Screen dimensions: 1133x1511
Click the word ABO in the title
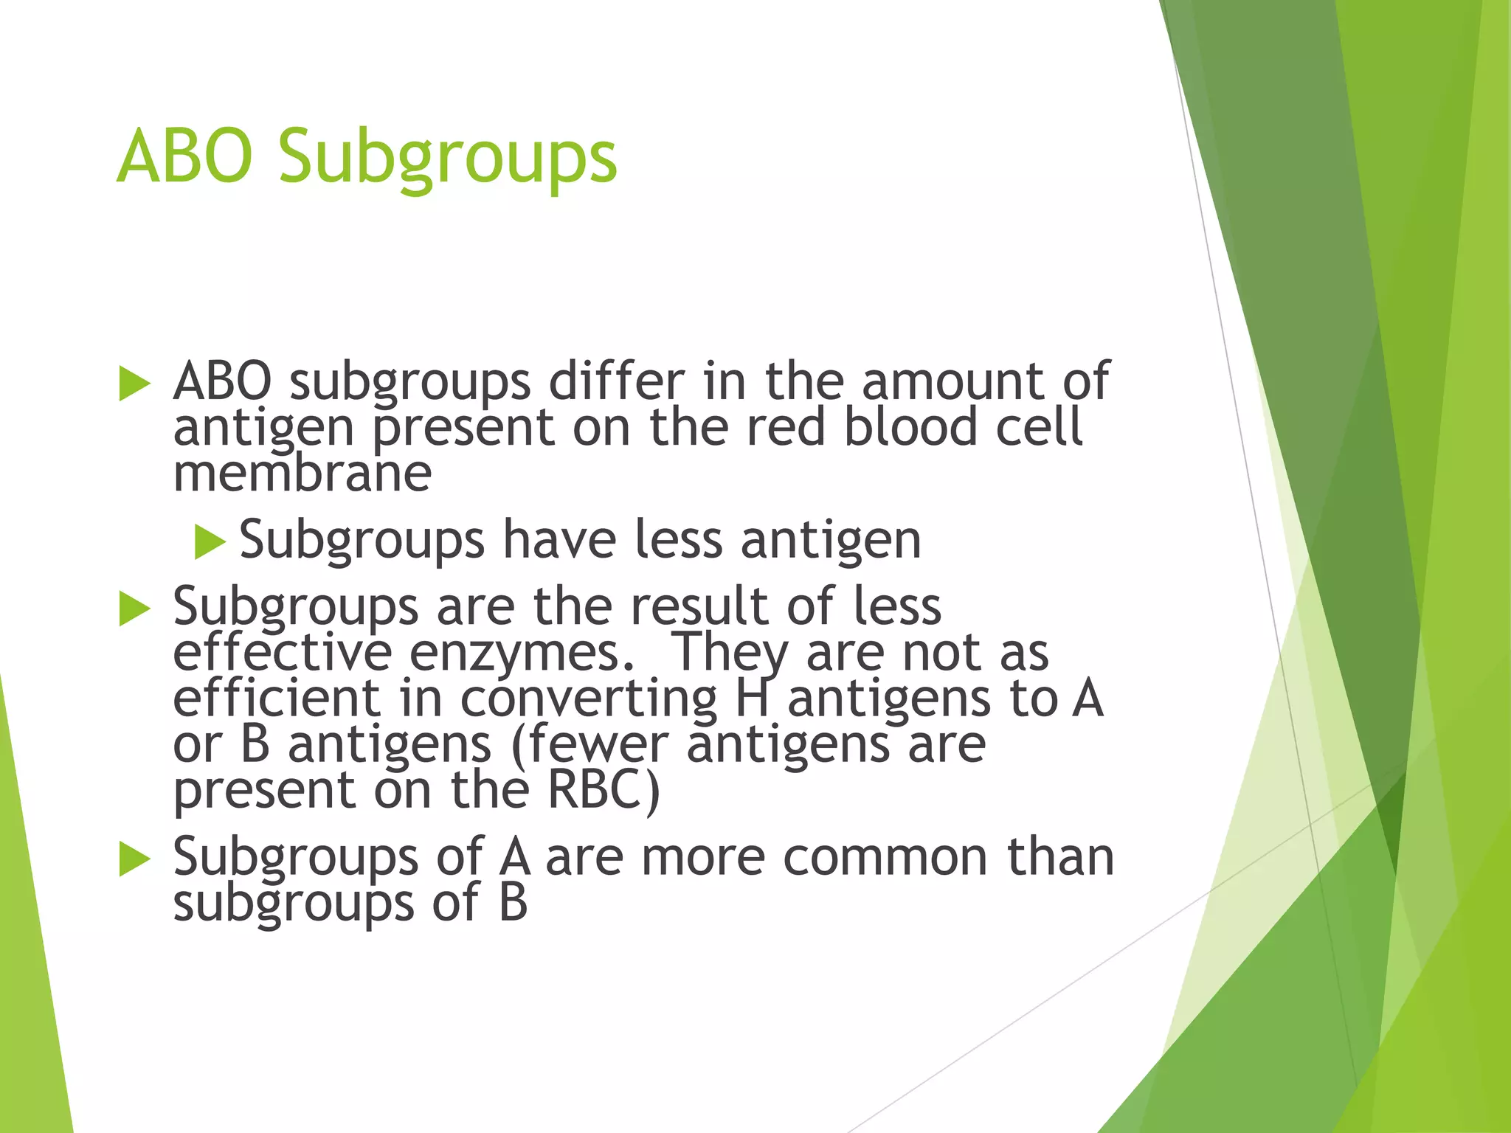[x=184, y=156]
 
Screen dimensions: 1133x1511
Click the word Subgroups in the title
[x=447, y=159]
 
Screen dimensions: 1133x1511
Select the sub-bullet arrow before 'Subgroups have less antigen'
[x=210, y=542]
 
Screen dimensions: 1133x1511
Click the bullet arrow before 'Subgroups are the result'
[x=134, y=609]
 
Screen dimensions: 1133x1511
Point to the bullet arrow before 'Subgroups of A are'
[x=134, y=860]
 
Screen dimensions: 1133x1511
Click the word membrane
[x=302, y=475]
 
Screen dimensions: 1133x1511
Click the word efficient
[x=277, y=699]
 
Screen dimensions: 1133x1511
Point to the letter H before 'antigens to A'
[x=753, y=699]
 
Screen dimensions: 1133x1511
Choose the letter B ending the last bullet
[x=513, y=903]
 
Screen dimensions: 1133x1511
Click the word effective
[x=282, y=654]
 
